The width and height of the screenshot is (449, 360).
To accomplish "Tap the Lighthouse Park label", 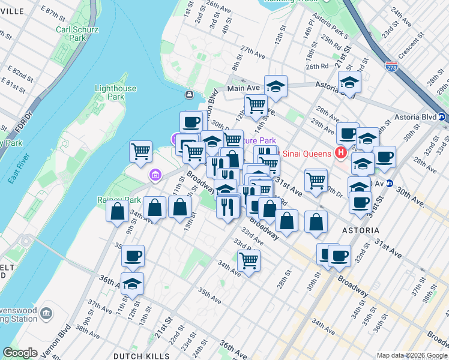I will (115, 92).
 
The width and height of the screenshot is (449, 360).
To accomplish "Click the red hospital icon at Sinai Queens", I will (342, 154).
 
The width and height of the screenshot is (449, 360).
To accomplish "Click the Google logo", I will (20, 353).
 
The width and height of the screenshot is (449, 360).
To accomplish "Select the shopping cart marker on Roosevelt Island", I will (140, 151).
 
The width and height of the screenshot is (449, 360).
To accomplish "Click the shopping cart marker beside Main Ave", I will (256, 105).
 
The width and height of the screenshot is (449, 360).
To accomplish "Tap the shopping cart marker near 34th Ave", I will (249, 260).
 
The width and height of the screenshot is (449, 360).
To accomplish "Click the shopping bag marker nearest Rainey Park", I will (117, 211).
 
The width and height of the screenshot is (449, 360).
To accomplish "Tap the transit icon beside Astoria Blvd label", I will (442, 117).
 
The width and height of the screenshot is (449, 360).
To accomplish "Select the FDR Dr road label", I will (11, 117).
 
